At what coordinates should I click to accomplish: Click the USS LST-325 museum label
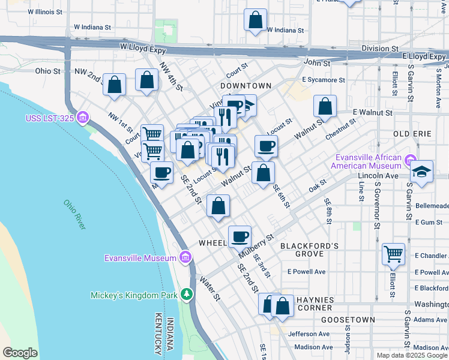pyautogui.click(x=49, y=118)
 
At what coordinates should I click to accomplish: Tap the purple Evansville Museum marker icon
pyautogui.click(x=185, y=258)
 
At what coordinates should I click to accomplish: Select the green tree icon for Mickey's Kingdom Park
pyautogui.click(x=188, y=295)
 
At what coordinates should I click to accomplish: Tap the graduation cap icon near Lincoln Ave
pyautogui.click(x=421, y=172)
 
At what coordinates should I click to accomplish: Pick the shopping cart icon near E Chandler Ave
pyautogui.click(x=393, y=253)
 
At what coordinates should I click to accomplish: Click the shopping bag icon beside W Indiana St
pyautogui.click(x=255, y=19)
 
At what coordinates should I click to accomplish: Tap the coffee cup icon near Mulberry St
pyautogui.click(x=240, y=236)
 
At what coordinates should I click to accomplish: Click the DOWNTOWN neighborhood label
pyautogui.click(x=246, y=86)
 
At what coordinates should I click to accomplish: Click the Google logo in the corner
pyautogui.click(x=20, y=353)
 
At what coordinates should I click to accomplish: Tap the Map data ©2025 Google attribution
pyautogui.click(x=412, y=355)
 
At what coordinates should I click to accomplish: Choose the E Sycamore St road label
pyautogui.click(x=324, y=79)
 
